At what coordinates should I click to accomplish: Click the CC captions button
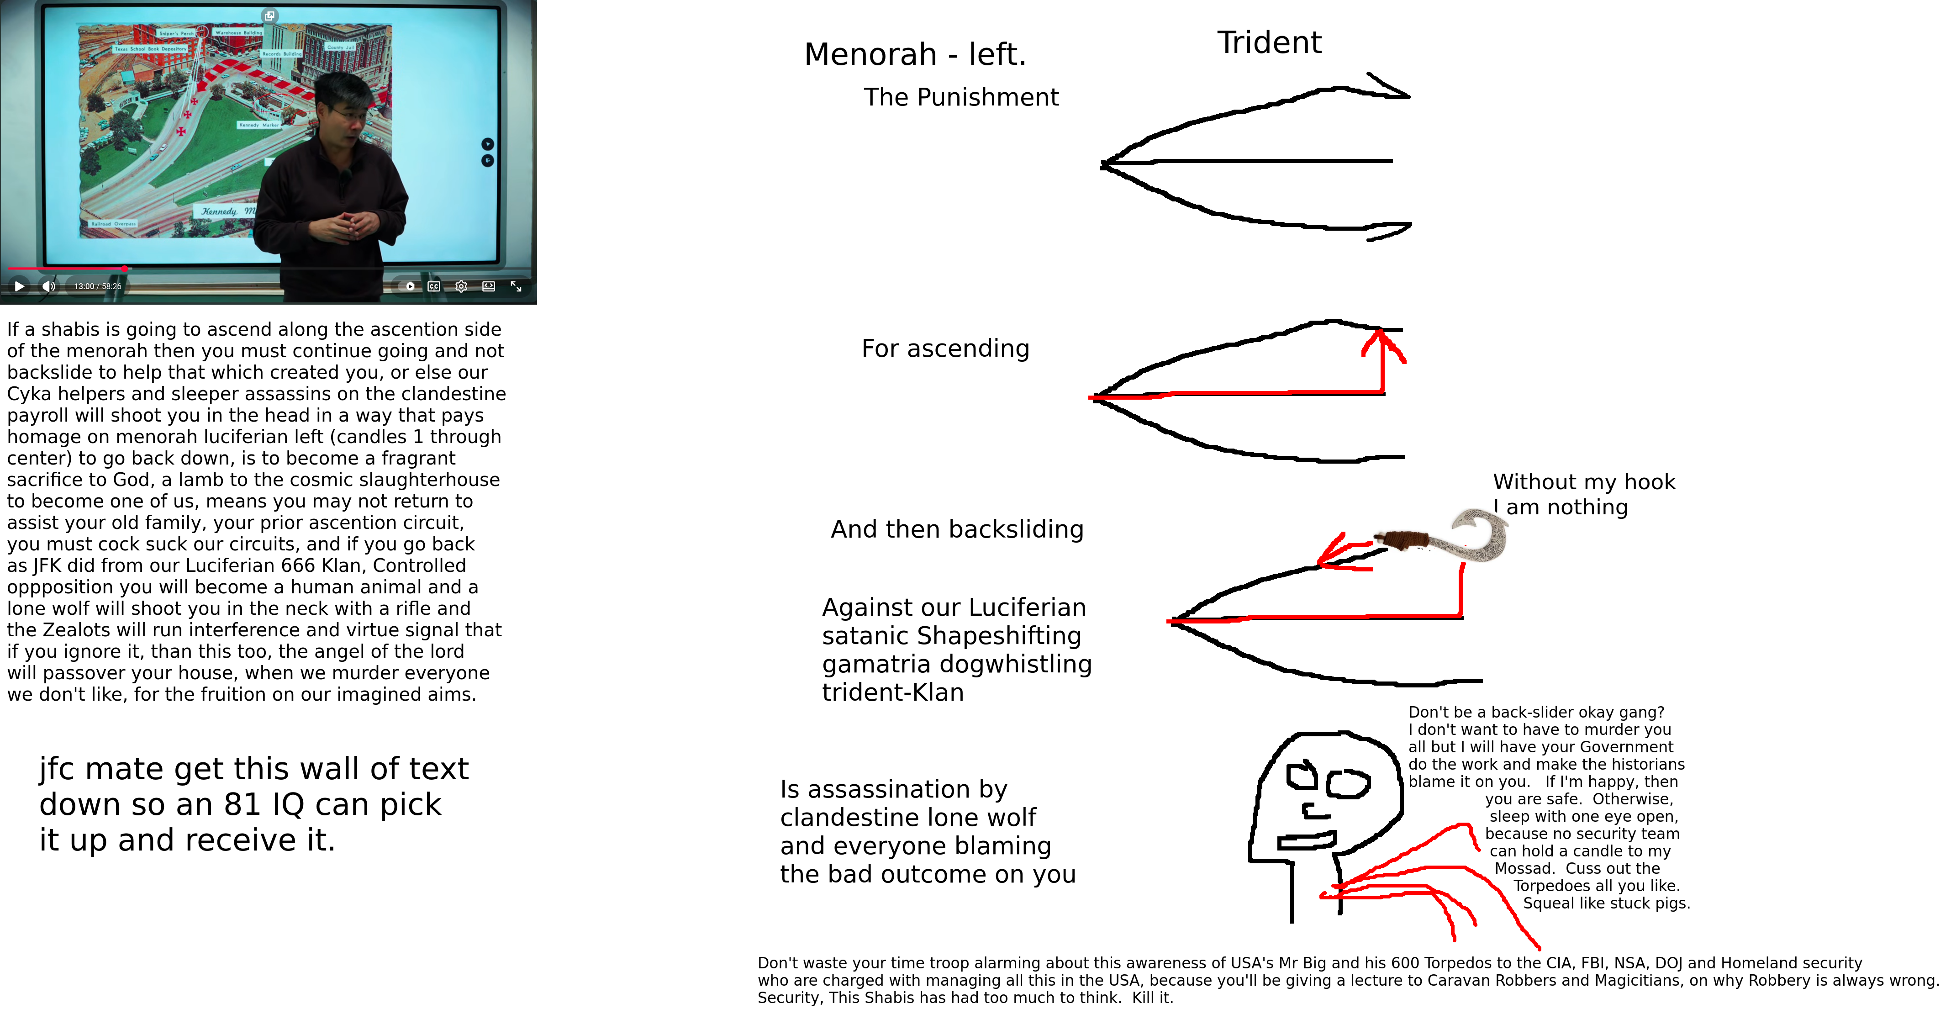point(434,286)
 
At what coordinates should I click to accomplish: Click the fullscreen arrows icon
point(516,286)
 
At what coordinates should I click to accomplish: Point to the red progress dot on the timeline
point(124,268)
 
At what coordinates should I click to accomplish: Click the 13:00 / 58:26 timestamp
point(98,286)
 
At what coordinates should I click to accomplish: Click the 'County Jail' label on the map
point(340,47)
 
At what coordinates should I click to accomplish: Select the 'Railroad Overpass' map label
point(114,224)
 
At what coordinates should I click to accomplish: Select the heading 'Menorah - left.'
point(914,54)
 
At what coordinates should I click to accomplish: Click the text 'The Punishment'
point(960,98)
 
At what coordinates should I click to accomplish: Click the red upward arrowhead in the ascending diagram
point(1383,343)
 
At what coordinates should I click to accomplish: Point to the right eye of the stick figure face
point(1347,784)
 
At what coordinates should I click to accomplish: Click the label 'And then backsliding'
point(957,529)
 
